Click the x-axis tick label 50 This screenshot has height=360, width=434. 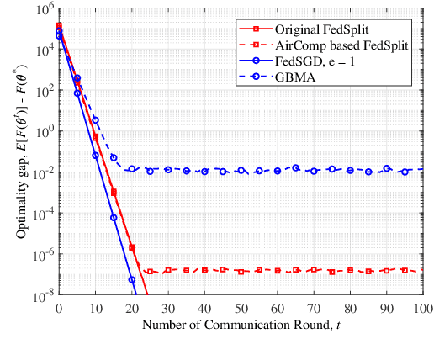(x=241, y=307)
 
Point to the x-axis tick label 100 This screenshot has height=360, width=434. (x=421, y=307)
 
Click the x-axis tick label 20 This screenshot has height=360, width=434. (x=132, y=307)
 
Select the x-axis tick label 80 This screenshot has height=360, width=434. (x=350, y=307)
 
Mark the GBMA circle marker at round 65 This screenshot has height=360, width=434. (x=295, y=167)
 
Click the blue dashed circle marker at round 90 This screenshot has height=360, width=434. (x=386, y=168)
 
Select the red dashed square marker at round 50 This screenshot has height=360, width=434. (x=241, y=272)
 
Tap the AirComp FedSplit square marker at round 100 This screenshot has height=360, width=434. (x=422, y=271)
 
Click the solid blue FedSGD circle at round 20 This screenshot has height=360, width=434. (x=132, y=279)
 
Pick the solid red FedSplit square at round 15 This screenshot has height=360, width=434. (x=114, y=193)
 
